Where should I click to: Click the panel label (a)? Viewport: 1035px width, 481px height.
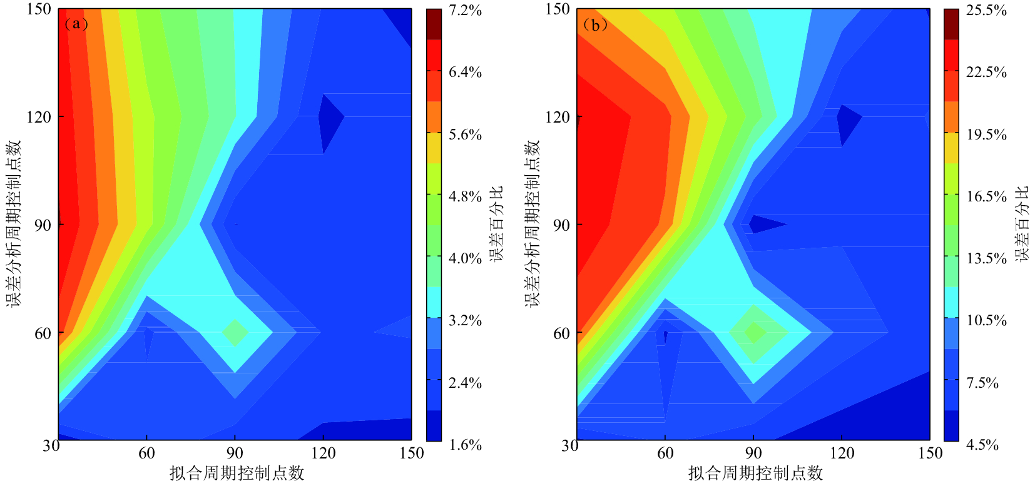[x=76, y=24]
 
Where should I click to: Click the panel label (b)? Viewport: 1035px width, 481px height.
[x=594, y=25]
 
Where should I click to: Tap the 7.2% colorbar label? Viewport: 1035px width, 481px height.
[x=465, y=10]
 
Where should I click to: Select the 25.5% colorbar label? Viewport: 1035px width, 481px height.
[x=986, y=10]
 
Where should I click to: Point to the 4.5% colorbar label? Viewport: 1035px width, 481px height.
[x=982, y=445]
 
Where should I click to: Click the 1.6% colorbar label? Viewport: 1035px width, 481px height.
[x=465, y=445]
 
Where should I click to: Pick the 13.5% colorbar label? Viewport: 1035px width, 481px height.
[x=986, y=258]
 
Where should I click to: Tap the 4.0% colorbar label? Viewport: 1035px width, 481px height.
[x=465, y=258]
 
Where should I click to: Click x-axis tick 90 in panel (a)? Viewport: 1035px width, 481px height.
[x=235, y=453]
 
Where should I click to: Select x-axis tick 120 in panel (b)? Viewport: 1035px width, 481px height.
[x=842, y=453]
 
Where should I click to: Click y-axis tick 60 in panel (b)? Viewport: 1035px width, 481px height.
[x=561, y=333]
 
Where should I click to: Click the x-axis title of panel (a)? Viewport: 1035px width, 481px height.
[x=237, y=473]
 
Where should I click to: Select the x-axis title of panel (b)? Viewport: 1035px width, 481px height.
[x=755, y=473]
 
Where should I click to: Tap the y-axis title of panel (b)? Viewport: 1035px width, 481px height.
[x=532, y=223]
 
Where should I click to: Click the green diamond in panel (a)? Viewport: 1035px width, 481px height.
[x=235, y=333]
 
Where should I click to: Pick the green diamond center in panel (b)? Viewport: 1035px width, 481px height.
[x=755, y=332]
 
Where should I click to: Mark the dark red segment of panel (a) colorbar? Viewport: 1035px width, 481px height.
[x=434, y=24]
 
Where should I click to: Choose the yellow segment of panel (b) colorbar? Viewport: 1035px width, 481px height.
[x=951, y=148]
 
